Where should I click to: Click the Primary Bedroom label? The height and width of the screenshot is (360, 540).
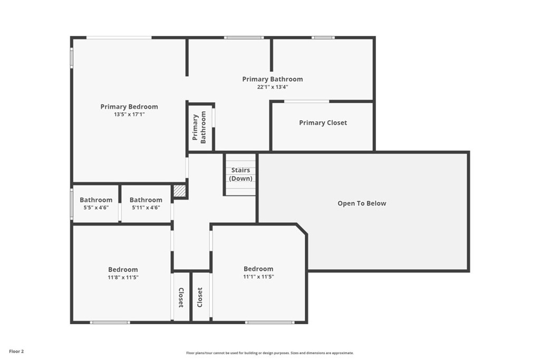pyautogui.click(x=129, y=106)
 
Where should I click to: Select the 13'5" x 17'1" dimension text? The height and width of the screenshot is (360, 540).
pyautogui.click(x=129, y=114)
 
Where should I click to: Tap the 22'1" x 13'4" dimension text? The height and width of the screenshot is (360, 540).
pyautogui.click(x=273, y=87)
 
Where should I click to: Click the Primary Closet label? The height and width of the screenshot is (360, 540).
pyautogui.click(x=323, y=123)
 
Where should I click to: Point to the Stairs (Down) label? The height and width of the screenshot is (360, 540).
pyautogui.click(x=240, y=174)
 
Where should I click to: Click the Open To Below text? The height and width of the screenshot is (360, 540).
pyautogui.click(x=362, y=203)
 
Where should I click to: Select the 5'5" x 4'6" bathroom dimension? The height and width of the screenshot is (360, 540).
pyautogui.click(x=96, y=208)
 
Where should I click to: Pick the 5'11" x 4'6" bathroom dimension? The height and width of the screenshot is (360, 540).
pyautogui.click(x=146, y=208)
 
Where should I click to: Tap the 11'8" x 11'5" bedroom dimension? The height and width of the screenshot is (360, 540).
pyautogui.click(x=123, y=277)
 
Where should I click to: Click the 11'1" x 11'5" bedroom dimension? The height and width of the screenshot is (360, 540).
pyautogui.click(x=258, y=277)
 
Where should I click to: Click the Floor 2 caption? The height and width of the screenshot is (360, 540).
pyautogui.click(x=16, y=351)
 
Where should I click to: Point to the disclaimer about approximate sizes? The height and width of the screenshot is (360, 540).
pyautogui.click(x=269, y=353)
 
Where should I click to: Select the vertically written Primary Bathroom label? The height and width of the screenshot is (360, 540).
pyautogui.click(x=199, y=128)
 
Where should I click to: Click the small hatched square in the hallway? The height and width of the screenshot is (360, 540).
pyautogui.click(x=180, y=191)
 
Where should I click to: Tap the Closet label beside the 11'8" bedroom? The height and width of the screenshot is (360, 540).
pyautogui.click(x=181, y=298)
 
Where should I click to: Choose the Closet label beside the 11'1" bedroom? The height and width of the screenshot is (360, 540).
pyautogui.click(x=200, y=298)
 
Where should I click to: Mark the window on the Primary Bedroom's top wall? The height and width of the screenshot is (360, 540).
pyautogui.click(x=119, y=37)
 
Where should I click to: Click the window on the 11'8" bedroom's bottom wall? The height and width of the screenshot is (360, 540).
pyautogui.click(x=110, y=322)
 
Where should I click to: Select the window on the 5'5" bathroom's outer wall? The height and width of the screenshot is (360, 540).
pyautogui.click(x=72, y=204)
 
